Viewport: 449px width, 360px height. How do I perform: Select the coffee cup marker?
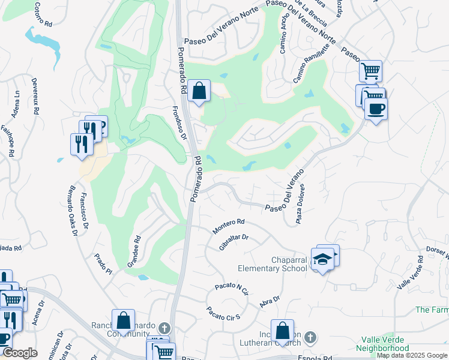tap(376, 109)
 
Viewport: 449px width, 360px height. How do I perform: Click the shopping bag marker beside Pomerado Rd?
tap(199, 92)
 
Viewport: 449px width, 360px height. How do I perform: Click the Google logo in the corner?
tap(20, 353)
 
